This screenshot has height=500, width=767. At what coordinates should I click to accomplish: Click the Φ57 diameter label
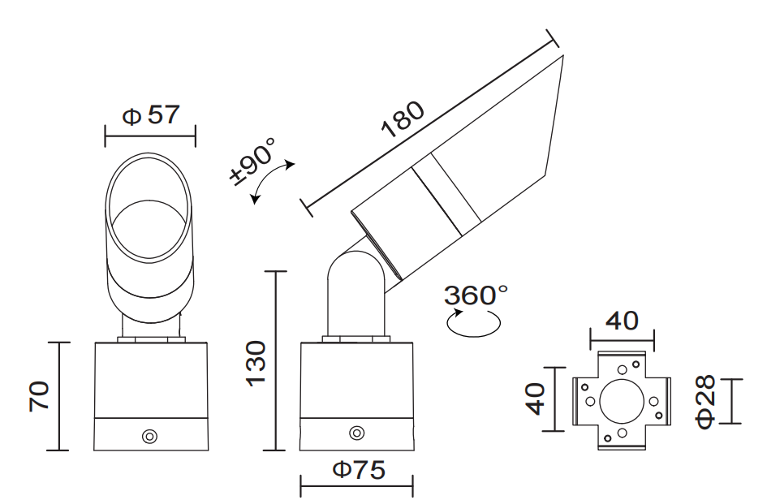pos(150,115)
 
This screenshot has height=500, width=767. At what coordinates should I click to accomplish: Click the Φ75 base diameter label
pos(357,470)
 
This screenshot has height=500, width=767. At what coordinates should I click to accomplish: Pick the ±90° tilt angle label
pos(253,162)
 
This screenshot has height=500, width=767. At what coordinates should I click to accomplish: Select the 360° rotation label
pos(476,295)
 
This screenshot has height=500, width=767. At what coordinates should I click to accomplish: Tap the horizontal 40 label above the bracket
pos(622,321)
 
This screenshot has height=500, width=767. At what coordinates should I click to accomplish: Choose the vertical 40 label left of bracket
pos(534,399)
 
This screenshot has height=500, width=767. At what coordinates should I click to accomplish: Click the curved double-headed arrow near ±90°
pos(272,180)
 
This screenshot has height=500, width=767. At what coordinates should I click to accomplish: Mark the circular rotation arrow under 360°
pos(474,323)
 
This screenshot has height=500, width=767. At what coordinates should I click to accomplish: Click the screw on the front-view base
pos(149,436)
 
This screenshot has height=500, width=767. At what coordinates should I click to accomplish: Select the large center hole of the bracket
pos(622,400)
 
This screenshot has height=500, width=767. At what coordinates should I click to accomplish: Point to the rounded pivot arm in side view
pos(354,292)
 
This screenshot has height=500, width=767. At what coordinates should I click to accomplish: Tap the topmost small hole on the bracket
pos(622,370)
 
